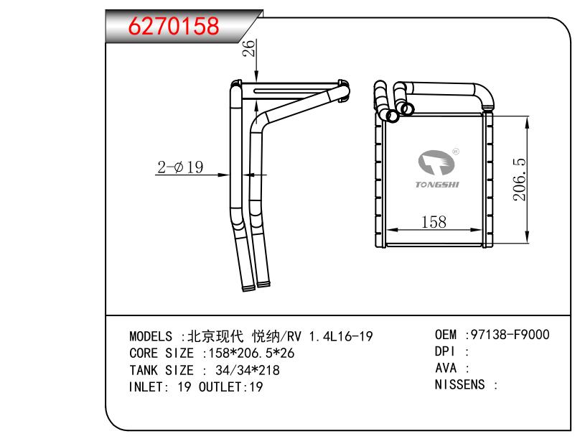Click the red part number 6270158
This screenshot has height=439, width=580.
click(174, 26)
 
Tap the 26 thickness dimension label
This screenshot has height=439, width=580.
click(249, 48)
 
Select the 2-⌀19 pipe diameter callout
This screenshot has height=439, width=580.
click(180, 167)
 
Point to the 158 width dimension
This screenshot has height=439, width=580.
click(434, 222)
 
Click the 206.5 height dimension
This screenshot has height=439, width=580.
click(519, 180)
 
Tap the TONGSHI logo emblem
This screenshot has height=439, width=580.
click(436, 162)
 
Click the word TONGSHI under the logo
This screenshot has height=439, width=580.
click(437, 185)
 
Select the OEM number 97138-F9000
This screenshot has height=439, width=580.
click(510, 335)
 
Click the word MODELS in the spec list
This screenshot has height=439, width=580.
click(151, 336)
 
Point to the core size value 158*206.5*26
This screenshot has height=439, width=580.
click(251, 353)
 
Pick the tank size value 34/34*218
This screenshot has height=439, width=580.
click(248, 370)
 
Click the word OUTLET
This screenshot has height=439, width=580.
click(220, 387)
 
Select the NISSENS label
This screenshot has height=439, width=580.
click(459, 384)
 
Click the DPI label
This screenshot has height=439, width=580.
click(444, 351)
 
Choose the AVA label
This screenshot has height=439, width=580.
click(446, 368)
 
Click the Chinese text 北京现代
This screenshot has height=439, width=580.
click(215, 336)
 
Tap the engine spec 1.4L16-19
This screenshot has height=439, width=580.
click(341, 336)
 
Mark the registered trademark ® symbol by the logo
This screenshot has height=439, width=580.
click(456, 152)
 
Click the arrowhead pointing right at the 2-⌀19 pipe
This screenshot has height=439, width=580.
click(224, 175)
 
